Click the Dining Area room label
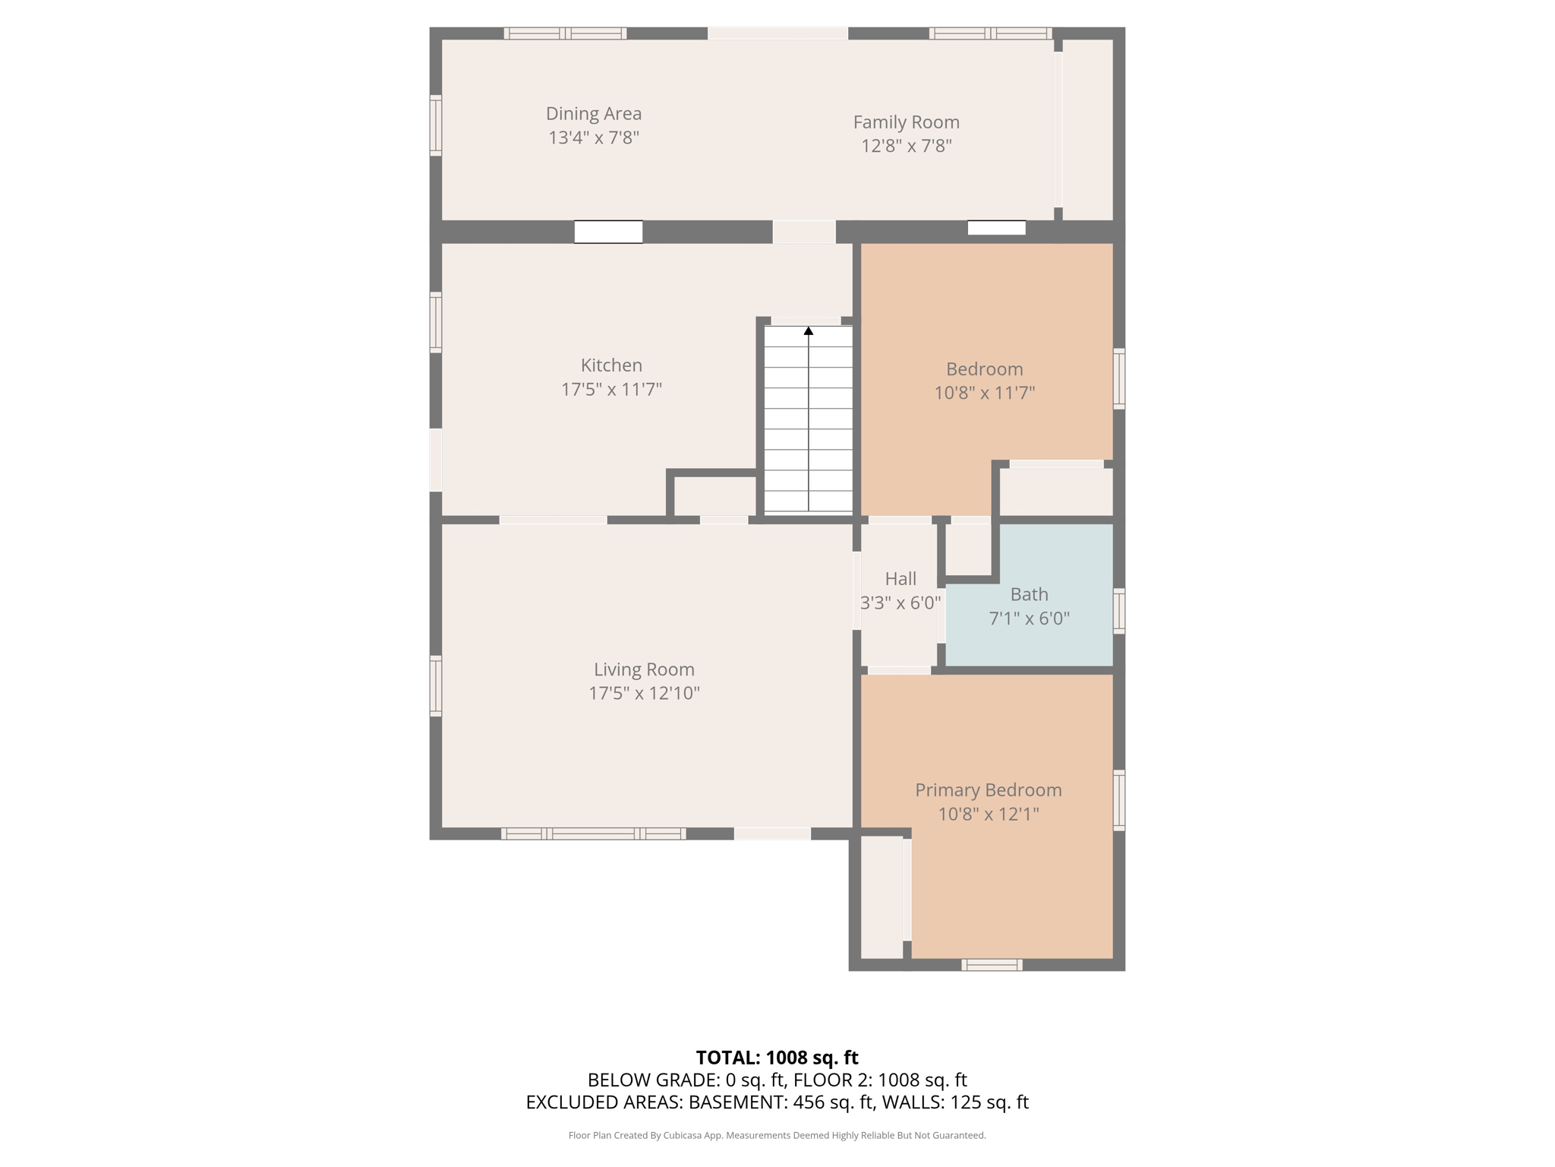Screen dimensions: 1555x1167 [x=593, y=114]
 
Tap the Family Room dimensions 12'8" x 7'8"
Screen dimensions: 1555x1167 [x=906, y=146]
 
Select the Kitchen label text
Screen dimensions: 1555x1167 [x=611, y=365]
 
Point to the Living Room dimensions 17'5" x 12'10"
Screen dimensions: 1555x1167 [x=644, y=693]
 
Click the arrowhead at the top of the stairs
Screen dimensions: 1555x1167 [x=809, y=331]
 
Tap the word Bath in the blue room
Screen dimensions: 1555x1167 [x=1029, y=594]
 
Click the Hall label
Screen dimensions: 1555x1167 [x=901, y=579]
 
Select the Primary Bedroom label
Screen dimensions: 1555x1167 [x=988, y=790]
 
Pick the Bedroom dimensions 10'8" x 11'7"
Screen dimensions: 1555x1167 [x=984, y=393]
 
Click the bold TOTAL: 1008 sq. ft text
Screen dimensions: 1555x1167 [x=777, y=1058]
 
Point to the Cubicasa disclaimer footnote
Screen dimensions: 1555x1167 [x=777, y=1135]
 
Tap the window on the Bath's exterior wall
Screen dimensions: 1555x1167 [x=1118, y=610]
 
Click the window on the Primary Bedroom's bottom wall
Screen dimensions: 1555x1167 [x=992, y=965]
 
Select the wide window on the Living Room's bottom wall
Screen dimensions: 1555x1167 [x=593, y=833]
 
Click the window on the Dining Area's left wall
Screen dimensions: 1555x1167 [x=436, y=125]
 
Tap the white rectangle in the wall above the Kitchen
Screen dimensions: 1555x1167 [x=608, y=232]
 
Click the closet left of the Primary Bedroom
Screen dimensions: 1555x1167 [x=882, y=897]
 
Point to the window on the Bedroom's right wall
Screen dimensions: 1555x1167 [x=1118, y=378]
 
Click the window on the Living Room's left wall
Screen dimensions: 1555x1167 [x=436, y=686]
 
